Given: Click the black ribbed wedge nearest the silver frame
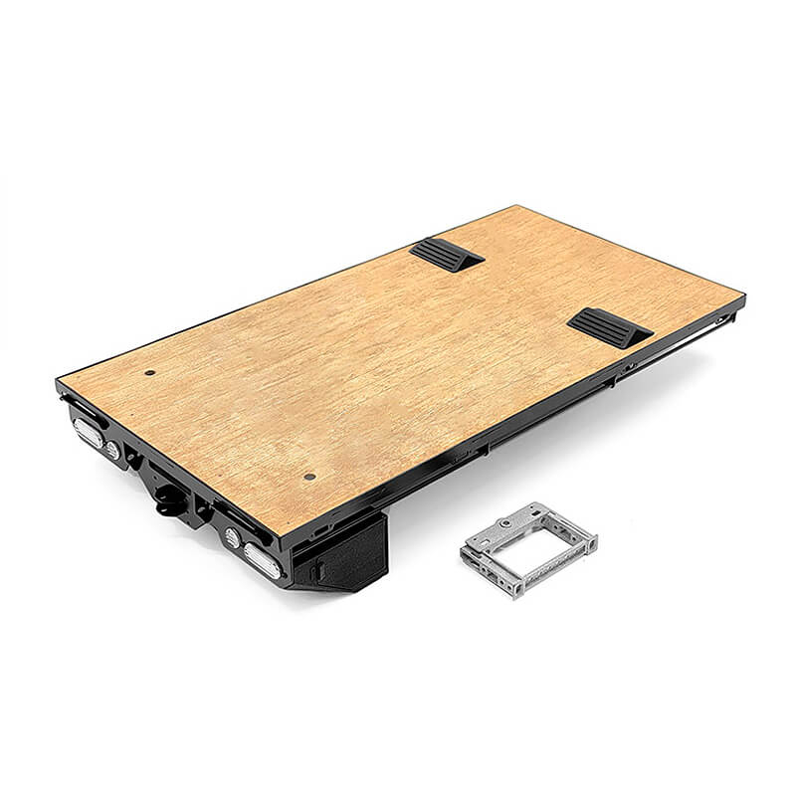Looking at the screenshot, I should tap(609, 327).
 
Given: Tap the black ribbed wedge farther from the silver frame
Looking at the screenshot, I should tap(446, 255).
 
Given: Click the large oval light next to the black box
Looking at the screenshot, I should tap(261, 559).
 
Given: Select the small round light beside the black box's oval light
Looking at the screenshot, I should tap(233, 537).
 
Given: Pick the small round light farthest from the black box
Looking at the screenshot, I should tap(113, 451).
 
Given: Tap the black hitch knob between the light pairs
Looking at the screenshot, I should tap(170, 502).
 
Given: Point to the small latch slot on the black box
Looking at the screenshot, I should tap(316, 572).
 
